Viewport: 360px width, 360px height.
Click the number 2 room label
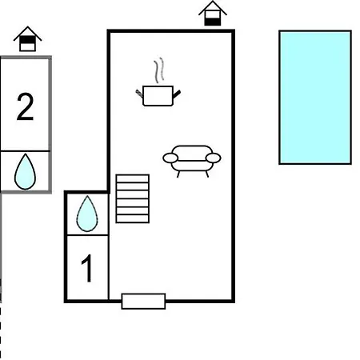(x=26, y=106)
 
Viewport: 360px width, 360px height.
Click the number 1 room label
(x=87, y=268)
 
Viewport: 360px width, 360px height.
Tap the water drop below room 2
(x=25, y=171)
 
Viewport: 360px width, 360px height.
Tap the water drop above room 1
(x=87, y=214)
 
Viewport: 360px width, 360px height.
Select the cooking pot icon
(x=158, y=96)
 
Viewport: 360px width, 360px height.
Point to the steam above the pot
(x=158, y=70)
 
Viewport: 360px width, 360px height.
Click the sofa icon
(x=192, y=161)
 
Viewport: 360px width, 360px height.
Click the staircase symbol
(x=133, y=198)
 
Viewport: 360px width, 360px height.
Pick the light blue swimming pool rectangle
(x=315, y=98)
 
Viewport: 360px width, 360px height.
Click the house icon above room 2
(x=27, y=39)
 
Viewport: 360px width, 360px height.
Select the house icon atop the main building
(x=213, y=14)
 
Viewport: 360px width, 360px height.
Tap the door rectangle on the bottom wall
(x=143, y=302)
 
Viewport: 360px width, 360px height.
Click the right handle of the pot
(x=177, y=94)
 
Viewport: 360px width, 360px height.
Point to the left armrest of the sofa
(x=170, y=158)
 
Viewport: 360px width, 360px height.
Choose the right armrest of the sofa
(x=214, y=158)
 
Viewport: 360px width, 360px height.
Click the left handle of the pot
(x=139, y=94)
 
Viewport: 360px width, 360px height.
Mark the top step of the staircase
(x=133, y=178)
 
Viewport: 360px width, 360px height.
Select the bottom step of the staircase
(x=133, y=218)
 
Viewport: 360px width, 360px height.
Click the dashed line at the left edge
(x=1, y=330)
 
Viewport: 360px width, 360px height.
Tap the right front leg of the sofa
(x=207, y=174)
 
